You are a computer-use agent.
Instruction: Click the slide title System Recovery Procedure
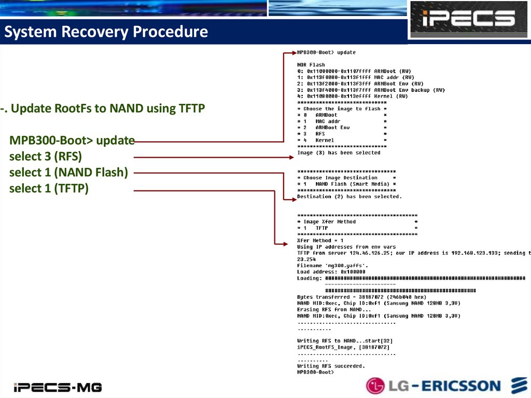point(106,32)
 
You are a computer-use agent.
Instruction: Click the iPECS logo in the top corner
point(468,19)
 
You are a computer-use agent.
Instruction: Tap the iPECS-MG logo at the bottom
point(58,387)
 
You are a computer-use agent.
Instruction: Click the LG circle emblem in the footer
point(376,386)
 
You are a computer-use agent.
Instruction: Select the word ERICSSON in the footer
point(461,386)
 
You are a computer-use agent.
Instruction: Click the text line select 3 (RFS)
point(46,156)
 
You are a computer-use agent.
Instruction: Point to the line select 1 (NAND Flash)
point(68,172)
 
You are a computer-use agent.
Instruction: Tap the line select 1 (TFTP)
point(49,188)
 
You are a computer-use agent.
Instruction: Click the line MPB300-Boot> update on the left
point(72,140)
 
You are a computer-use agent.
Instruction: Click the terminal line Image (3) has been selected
point(339,153)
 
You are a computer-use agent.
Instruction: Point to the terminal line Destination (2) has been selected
point(350,197)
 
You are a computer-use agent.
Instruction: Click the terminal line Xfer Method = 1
point(320,240)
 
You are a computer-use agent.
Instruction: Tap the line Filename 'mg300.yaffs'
point(332,266)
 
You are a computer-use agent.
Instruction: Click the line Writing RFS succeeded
point(331,366)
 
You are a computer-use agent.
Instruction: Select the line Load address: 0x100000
point(331,272)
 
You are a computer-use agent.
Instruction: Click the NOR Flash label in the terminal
point(311,65)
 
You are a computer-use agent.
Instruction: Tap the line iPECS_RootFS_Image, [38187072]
point(343,347)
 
